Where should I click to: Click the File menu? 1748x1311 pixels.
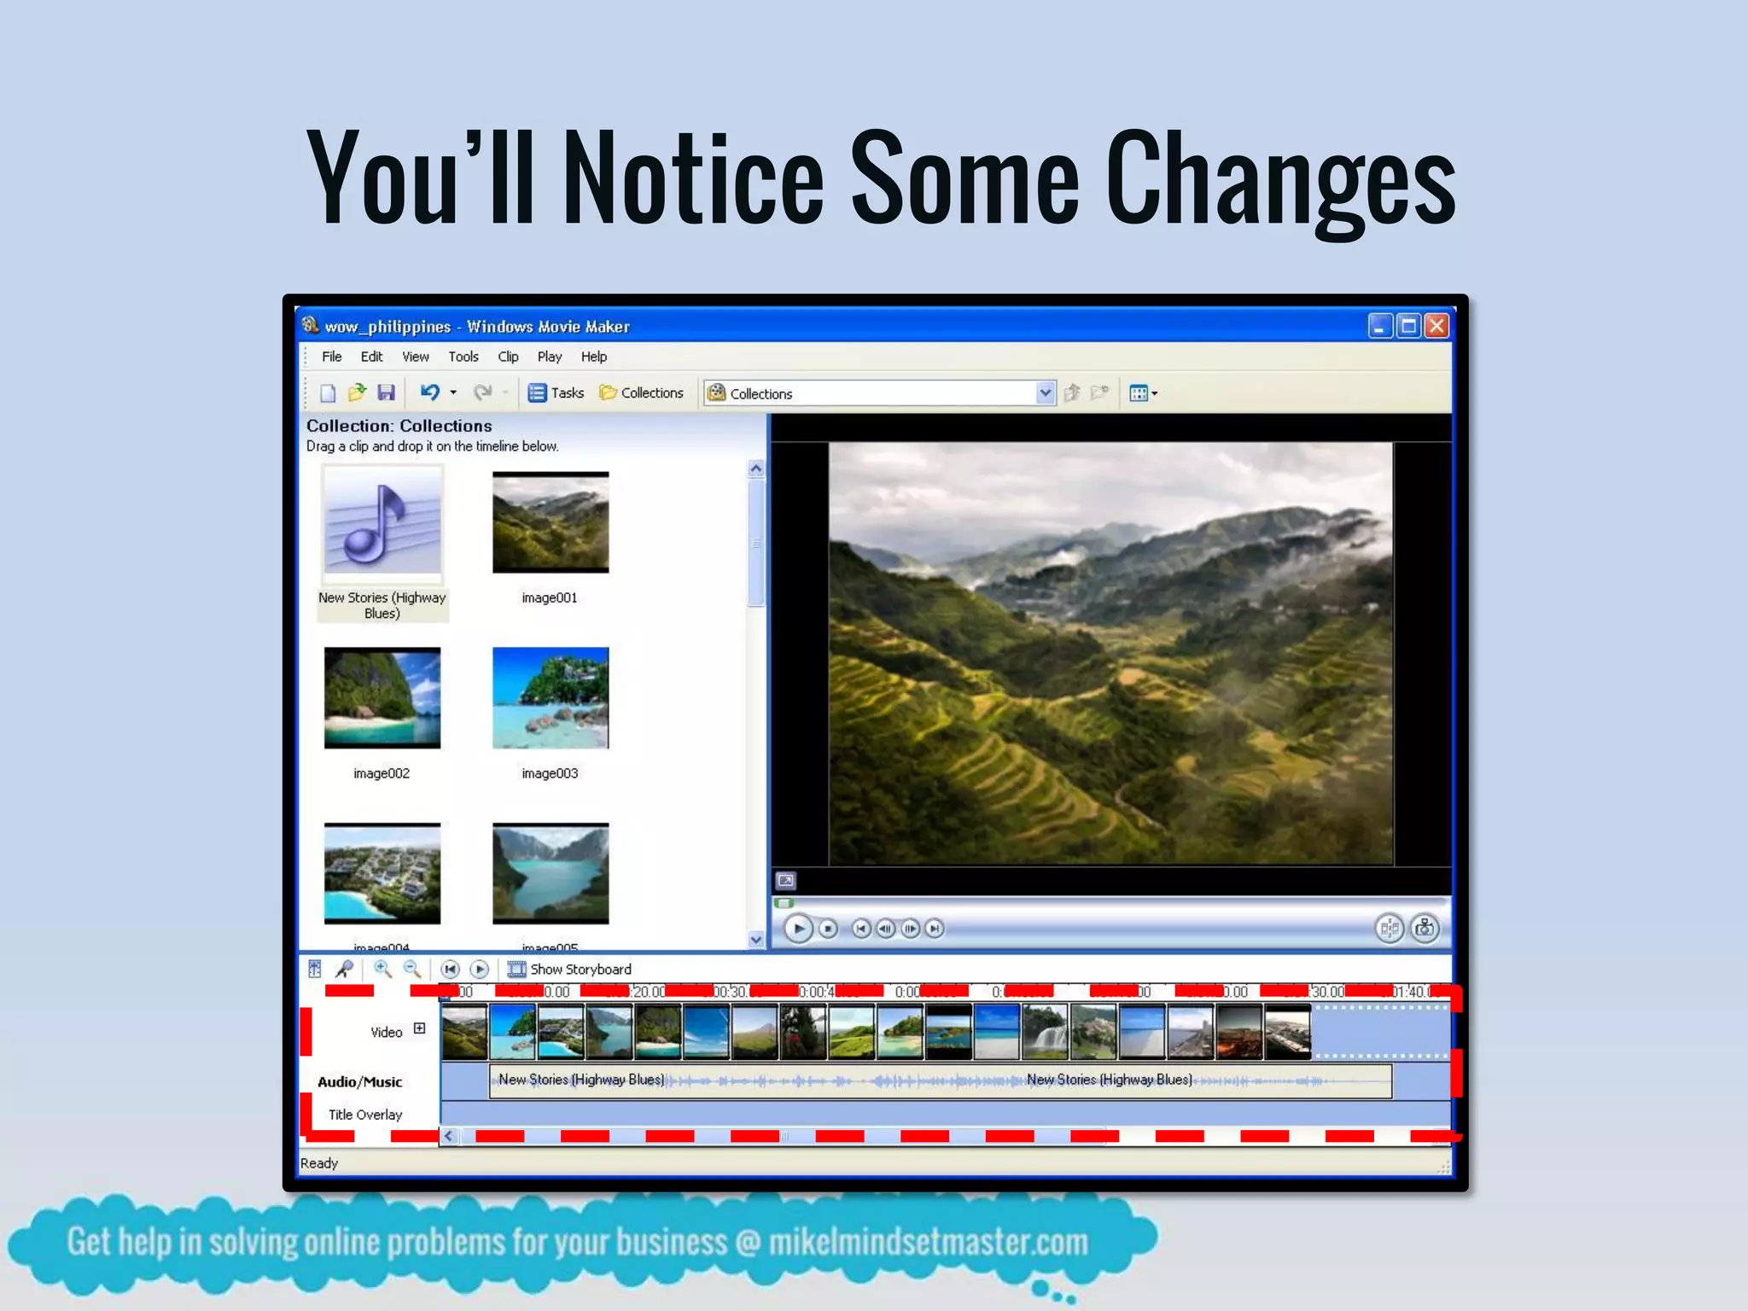(x=331, y=357)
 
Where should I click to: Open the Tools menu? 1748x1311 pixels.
(x=463, y=357)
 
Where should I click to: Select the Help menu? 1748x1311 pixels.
(x=594, y=357)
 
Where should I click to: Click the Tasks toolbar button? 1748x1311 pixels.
(x=556, y=393)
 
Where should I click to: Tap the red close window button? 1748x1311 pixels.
(x=1437, y=326)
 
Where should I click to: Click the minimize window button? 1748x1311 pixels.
(x=1379, y=326)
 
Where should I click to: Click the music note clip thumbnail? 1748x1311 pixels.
(x=382, y=522)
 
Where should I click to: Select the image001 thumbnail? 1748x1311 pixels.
(x=551, y=522)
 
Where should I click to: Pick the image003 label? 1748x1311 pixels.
(x=550, y=773)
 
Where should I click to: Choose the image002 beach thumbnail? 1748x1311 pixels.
(x=382, y=698)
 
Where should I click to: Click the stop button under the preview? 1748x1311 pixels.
(x=828, y=929)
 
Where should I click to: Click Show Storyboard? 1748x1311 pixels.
(x=580, y=970)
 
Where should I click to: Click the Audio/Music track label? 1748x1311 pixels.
(x=359, y=1082)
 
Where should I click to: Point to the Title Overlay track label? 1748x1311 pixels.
(x=365, y=1115)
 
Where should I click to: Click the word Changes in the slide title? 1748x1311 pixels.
(x=1280, y=181)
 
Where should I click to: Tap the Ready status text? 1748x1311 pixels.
(x=319, y=1163)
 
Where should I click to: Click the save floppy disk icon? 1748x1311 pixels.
(x=387, y=393)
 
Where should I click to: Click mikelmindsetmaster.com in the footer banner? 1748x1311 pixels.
(x=928, y=1243)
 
